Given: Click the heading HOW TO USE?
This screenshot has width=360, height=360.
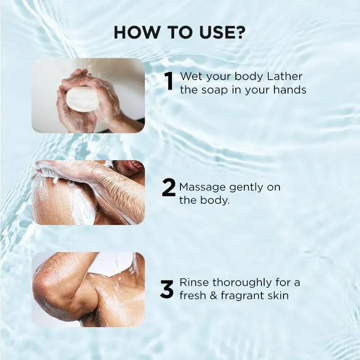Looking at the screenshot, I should point(180,32).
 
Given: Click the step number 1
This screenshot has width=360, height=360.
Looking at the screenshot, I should point(169,82).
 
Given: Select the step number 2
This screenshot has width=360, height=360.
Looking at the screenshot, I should point(168,189).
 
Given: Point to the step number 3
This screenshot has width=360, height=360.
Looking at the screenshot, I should point(167,289).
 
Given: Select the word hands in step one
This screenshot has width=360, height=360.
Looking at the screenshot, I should point(290,90).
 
